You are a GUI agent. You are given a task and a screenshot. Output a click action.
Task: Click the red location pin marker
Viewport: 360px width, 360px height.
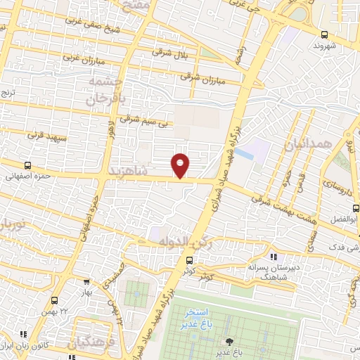click(x=181, y=165)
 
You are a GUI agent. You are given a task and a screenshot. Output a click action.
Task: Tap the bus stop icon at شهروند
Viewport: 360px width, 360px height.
click(x=324, y=34)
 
